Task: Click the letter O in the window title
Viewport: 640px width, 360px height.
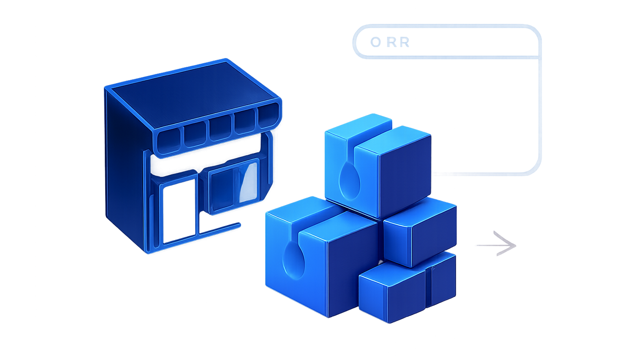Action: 376,42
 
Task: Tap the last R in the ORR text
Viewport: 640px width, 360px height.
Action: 404,42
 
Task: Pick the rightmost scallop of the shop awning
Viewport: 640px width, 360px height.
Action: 268,114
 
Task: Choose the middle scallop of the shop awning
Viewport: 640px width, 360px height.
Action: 220,128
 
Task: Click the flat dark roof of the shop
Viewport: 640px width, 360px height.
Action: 192,94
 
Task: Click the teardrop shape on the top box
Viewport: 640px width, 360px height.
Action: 349,181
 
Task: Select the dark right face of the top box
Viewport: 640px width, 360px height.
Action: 405,176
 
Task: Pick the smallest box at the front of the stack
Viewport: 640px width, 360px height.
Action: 408,287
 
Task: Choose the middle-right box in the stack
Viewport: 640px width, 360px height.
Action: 420,232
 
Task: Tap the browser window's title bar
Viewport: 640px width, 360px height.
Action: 447,42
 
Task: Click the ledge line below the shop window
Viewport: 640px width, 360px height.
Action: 220,229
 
